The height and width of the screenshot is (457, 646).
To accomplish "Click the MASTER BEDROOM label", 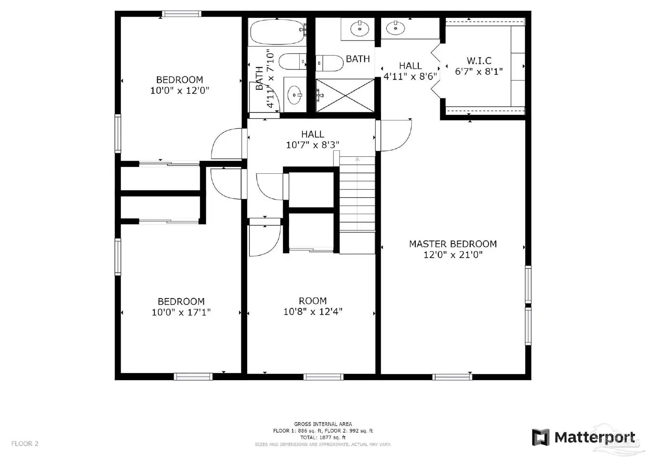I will point(453,244).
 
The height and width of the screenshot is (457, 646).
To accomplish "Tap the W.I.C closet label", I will point(479,61).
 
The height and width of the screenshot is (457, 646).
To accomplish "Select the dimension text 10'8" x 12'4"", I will point(313,312).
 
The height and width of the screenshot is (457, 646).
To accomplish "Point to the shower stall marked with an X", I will point(345,95).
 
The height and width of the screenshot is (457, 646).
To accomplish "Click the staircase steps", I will point(357,194).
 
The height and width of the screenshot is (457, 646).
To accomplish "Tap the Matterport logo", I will point(584,438).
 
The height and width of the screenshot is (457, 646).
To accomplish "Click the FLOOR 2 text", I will point(25,444).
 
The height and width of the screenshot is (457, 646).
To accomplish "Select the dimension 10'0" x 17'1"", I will point(181,312).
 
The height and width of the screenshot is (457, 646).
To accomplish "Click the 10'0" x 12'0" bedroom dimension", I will point(180,91).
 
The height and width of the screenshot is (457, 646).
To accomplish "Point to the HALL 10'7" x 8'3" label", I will point(313,139).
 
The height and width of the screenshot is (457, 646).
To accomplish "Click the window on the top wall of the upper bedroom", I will point(182,14).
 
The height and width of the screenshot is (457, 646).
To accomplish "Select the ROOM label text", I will point(313,301).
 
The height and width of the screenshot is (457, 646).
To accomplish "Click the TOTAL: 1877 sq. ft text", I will point(323,437).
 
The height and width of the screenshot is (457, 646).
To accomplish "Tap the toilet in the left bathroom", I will point(293,61).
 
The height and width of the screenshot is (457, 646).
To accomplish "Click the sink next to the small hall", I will point(395,28).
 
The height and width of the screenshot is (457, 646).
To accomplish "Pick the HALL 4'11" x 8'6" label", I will point(410,71).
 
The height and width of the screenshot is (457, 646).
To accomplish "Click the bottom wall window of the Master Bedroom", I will point(452,377).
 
